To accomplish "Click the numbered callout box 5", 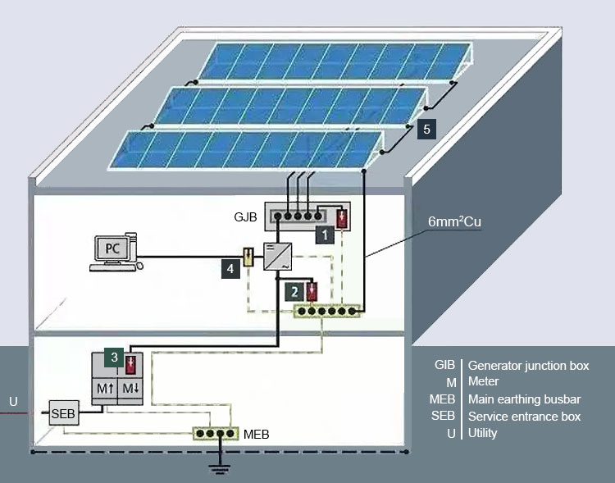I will pos(426,129).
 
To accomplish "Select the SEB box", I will pos(63,414).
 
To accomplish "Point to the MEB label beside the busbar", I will pos(257,433).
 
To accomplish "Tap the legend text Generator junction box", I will pos(528,366).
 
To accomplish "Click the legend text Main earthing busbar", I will pos(524,399).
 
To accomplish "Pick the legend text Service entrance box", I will pos(524,417).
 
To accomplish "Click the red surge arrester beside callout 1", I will pos(342,219).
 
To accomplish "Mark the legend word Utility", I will pos(482,433).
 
